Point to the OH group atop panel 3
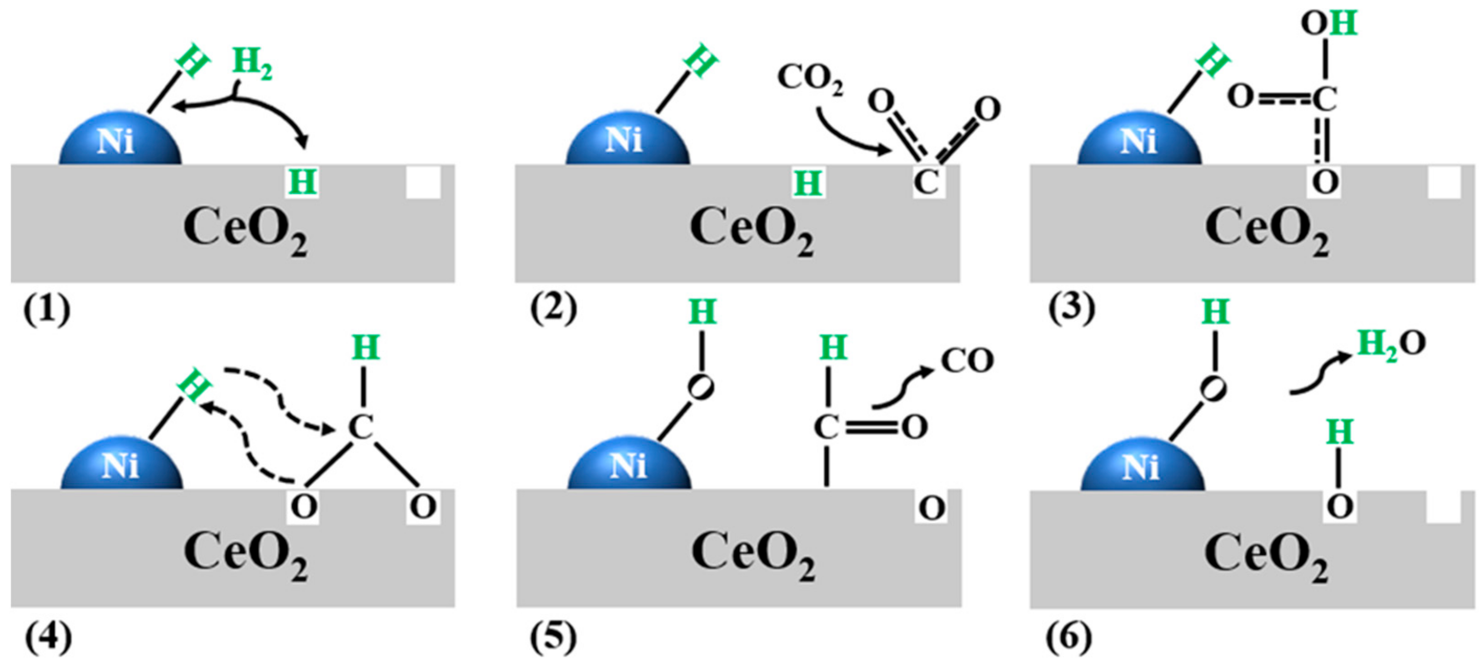[1329, 24]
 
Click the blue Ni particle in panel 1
[120, 140]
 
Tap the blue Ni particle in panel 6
[1142, 466]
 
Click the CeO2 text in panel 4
[246, 553]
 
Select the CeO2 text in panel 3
[1267, 229]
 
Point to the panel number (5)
[553, 637]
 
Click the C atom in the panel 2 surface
[927, 182]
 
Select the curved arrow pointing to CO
[902, 389]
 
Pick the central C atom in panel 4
[361, 428]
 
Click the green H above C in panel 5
[833, 348]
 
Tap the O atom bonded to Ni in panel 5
[701, 387]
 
